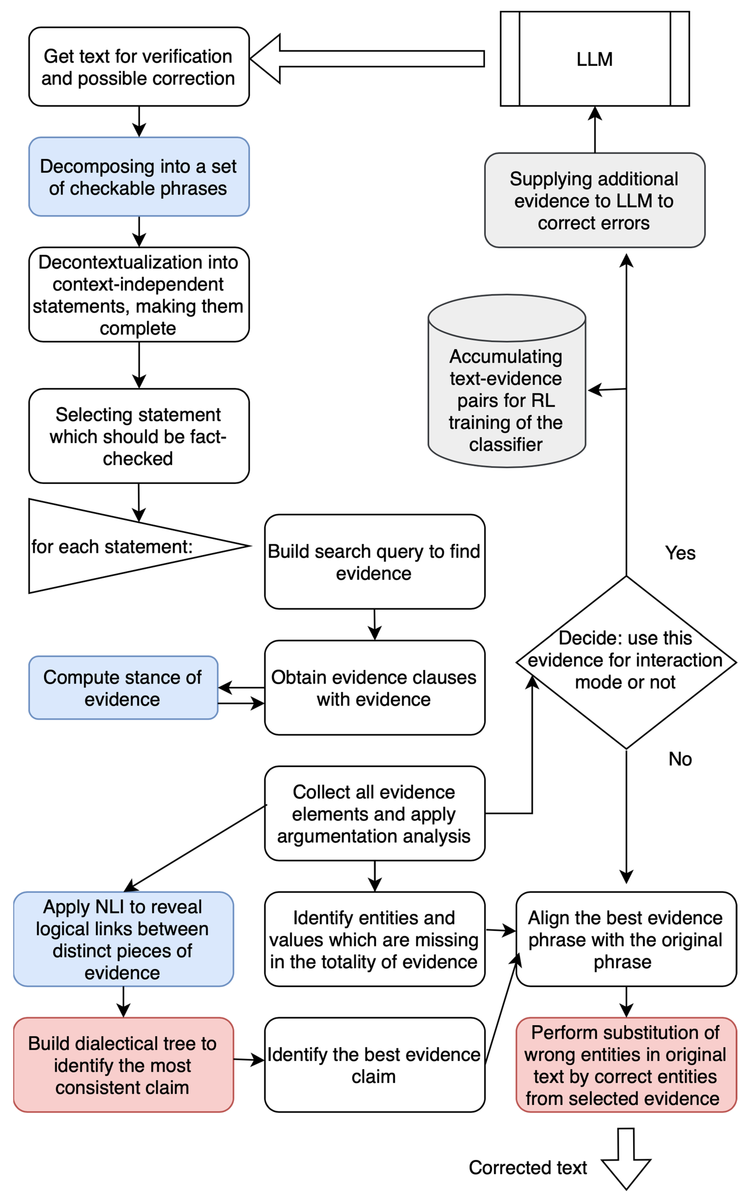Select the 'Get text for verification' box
[138, 67]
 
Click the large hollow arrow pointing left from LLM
[366, 58]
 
